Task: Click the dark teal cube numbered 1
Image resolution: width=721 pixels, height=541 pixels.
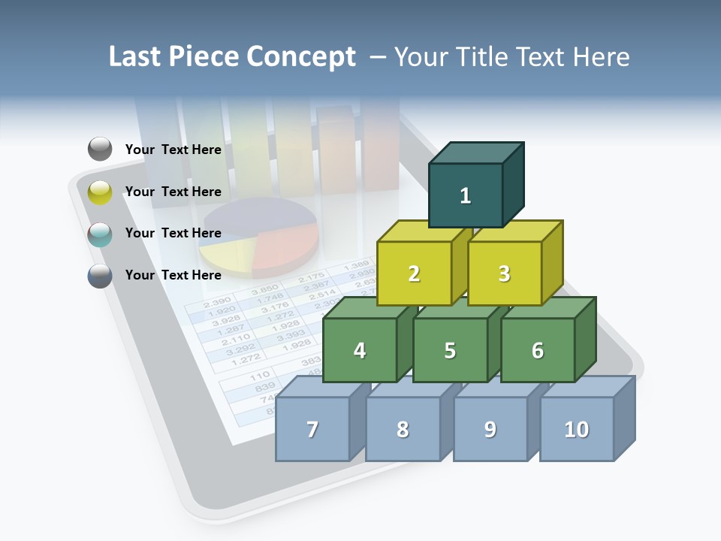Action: (466, 195)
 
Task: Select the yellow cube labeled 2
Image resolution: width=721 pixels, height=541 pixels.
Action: (414, 274)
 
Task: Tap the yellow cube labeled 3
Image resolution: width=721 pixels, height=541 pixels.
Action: (504, 274)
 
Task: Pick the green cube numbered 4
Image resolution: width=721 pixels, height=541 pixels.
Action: (360, 350)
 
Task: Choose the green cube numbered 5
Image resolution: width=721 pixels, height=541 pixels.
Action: (450, 350)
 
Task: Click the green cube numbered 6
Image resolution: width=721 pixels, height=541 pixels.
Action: (538, 350)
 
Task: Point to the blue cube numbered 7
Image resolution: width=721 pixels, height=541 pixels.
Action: (312, 429)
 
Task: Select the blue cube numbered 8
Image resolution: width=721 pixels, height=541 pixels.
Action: (403, 429)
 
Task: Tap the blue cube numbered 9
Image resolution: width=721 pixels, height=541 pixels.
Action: (490, 429)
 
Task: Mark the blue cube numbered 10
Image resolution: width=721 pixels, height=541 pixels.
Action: (577, 429)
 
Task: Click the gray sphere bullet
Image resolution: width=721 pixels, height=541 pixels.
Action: (100, 149)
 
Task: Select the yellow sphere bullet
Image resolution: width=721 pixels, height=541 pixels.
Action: (100, 192)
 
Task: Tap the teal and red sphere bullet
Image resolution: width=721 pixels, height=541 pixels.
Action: (100, 234)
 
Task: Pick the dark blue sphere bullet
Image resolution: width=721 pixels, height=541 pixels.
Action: (100, 276)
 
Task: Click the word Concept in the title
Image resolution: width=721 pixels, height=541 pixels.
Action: (301, 56)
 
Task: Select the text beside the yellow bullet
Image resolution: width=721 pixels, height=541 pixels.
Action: (173, 192)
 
